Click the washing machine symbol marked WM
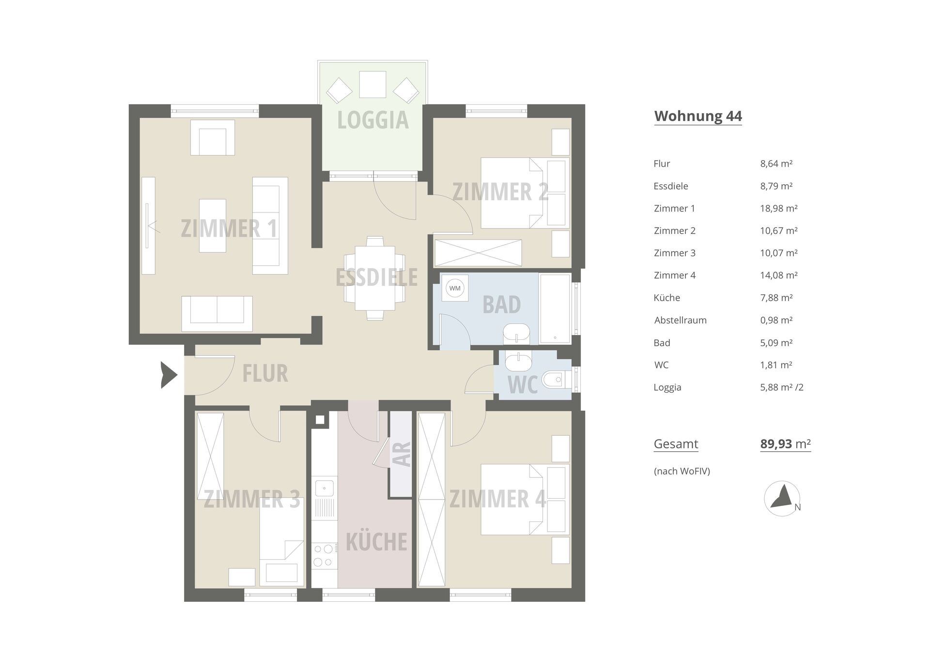point(454,289)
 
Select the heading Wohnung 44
point(698,116)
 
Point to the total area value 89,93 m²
point(785,444)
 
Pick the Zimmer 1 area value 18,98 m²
point(778,208)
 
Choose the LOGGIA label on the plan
point(373,120)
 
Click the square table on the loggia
point(372,85)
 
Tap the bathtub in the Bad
point(555,309)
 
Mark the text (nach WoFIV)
point(682,471)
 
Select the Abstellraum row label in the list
point(680,320)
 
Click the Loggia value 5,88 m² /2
point(782,387)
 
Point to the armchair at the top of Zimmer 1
point(213,138)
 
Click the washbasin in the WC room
point(518,360)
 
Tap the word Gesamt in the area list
point(676,444)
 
